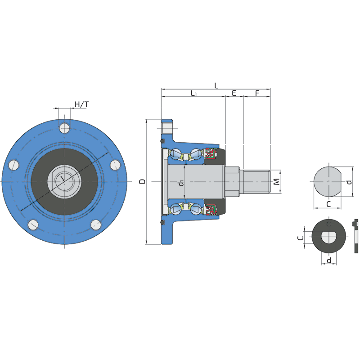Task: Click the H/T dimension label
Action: pos(82,104)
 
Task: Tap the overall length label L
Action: pos(216,85)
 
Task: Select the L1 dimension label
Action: pos(193,93)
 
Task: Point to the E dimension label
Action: pos(234,93)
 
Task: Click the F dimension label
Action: pos(257,93)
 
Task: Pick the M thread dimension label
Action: pos(277,182)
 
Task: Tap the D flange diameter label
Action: pos(143,181)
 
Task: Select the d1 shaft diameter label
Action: pos(181,183)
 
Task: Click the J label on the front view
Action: pos(62,178)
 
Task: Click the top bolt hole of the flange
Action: pos(64,128)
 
